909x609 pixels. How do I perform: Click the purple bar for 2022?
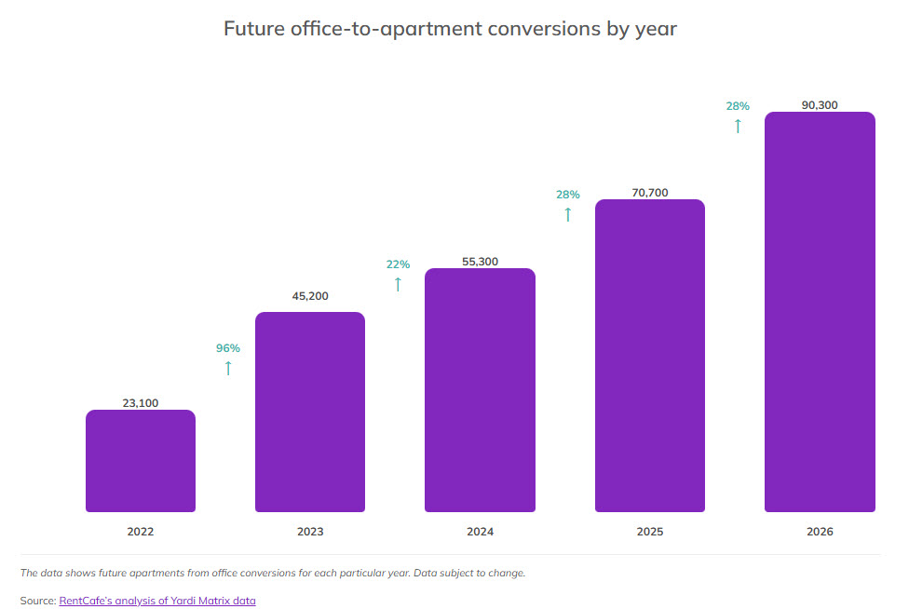click(x=141, y=461)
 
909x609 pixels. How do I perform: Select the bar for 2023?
click(x=310, y=412)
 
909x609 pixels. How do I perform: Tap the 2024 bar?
click(x=480, y=390)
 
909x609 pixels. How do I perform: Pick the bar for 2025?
click(x=649, y=356)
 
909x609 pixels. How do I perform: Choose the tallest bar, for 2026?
click(x=820, y=312)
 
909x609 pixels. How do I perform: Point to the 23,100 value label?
click(x=141, y=403)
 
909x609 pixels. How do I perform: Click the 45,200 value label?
click(x=310, y=297)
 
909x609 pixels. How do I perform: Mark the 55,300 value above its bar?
click(x=480, y=262)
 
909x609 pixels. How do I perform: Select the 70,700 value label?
click(x=650, y=193)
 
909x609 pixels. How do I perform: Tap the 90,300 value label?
click(x=820, y=105)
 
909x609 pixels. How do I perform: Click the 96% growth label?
click(x=228, y=348)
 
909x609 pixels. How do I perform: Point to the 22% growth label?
click(x=398, y=264)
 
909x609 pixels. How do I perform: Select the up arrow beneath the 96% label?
click(x=228, y=368)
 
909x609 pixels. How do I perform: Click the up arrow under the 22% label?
click(x=398, y=284)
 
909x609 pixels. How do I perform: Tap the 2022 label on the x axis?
click(x=141, y=532)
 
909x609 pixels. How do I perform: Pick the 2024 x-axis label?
click(x=480, y=532)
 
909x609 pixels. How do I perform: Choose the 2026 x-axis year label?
click(x=820, y=532)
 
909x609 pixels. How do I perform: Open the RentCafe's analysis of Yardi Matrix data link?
click(x=157, y=601)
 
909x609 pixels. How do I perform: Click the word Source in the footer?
click(x=36, y=601)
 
